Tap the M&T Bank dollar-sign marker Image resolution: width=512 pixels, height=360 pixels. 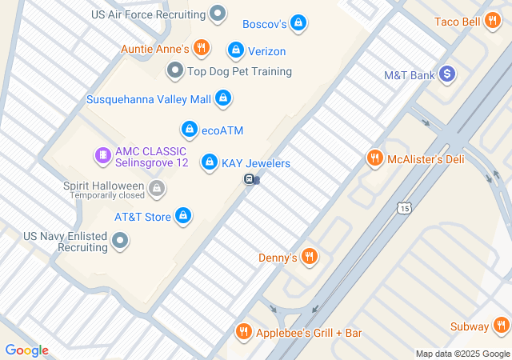point(447,74)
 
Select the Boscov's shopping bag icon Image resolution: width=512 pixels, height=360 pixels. point(298,23)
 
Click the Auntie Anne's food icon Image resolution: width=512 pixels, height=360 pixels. point(201,49)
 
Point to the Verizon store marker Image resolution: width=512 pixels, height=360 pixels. point(235,50)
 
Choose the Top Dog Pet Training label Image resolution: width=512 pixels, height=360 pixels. point(238,71)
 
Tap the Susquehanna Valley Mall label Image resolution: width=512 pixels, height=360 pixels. point(149,99)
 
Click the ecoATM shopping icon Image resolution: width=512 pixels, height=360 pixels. point(189,129)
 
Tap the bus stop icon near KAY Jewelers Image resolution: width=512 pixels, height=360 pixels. point(250,180)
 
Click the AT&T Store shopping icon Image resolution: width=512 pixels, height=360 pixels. point(184,216)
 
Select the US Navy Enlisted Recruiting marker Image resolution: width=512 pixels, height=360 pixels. point(120,240)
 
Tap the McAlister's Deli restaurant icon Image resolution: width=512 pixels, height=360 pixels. point(374,158)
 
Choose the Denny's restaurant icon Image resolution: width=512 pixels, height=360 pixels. point(310,257)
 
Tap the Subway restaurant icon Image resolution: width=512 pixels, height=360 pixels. point(502,326)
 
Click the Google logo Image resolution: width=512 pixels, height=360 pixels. point(26,350)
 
